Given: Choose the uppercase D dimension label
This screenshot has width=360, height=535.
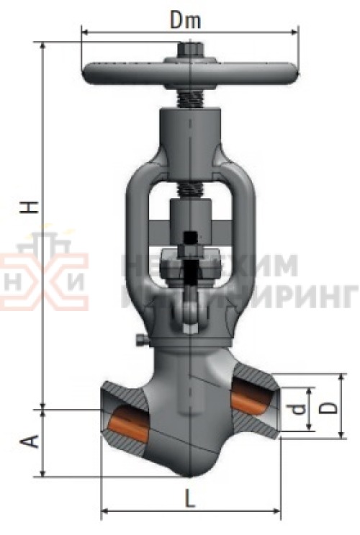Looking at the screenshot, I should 328,407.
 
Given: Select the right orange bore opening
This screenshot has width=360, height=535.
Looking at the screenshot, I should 249,397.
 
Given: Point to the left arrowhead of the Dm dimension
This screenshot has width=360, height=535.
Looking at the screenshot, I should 84,32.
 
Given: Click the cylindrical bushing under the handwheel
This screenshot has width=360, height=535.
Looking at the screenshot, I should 189,122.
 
